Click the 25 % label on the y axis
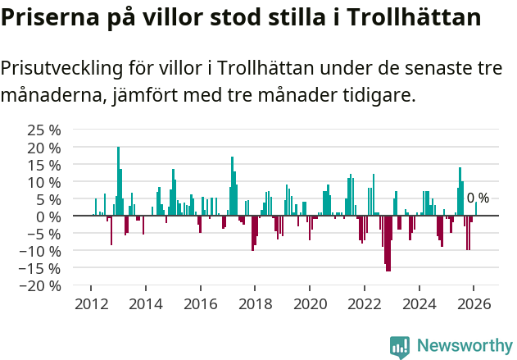[x=44, y=130]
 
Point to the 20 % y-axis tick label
[x=44, y=148]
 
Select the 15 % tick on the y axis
[x=44, y=165]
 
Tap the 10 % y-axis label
[x=44, y=182]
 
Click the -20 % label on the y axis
[x=41, y=285]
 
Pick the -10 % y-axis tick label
[x=41, y=251]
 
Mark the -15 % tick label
[x=41, y=268]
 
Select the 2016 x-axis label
[x=200, y=304]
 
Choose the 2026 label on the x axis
[x=474, y=304]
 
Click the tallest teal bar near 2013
[x=118, y=180]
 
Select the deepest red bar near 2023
[x=388, y=243]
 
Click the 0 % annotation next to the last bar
[x=478, y=198]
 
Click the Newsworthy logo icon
[x=400, y=347]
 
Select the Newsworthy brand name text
[x=464, y=347]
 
